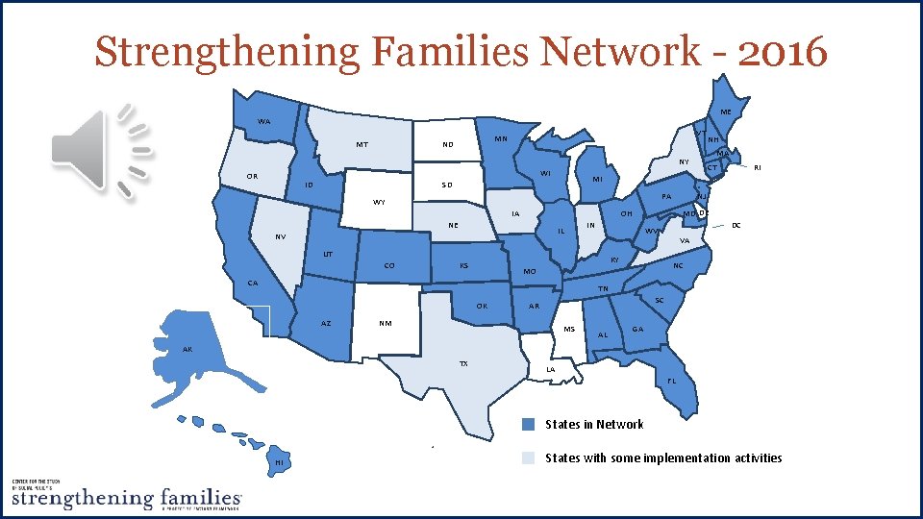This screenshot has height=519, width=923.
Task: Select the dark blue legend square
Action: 528,425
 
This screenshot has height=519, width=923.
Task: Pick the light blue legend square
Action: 528,458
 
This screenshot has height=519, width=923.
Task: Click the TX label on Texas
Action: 463,364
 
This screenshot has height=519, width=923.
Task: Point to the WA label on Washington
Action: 263,122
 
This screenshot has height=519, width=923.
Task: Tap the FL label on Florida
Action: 671,380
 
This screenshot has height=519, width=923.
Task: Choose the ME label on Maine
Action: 726,112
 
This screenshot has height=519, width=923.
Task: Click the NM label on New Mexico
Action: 386,323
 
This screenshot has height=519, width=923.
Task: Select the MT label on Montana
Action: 362,146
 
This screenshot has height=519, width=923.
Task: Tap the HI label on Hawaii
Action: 279,464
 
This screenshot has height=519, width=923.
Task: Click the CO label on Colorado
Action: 389,265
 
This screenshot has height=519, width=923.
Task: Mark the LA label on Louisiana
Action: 550,369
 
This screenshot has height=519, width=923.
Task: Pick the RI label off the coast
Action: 758,167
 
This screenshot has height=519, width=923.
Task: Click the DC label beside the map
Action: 736,226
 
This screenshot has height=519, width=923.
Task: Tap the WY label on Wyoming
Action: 379,203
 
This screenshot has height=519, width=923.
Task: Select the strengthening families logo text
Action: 125,498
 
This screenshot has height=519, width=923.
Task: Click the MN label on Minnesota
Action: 501,139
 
